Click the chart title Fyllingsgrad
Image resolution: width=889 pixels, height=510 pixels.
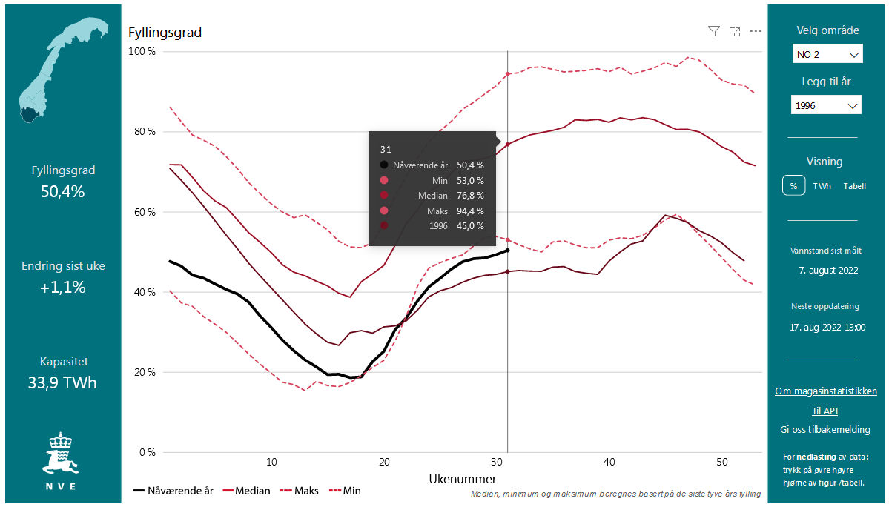point(165,33)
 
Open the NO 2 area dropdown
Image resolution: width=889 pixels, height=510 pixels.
point(826,54)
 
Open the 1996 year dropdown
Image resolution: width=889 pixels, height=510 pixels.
point(826,105)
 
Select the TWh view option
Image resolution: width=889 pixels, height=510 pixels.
point(822,186)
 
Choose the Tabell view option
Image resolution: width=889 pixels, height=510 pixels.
point(854,186)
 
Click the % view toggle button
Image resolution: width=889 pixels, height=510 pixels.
point(793,186)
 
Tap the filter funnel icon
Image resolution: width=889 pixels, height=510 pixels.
point(713,31)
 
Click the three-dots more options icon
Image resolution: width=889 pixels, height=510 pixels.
point(756,31)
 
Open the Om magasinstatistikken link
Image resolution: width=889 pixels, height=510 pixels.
point(825,391)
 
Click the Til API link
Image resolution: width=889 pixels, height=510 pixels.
point(824,411)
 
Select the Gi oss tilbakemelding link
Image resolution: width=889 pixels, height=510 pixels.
point(824,429)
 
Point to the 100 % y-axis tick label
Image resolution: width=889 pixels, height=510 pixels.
point(142,52)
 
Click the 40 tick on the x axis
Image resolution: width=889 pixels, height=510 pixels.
point(609,462)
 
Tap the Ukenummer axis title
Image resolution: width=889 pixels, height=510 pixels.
point(463,478)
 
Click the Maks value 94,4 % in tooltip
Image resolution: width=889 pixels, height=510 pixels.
point(470,211)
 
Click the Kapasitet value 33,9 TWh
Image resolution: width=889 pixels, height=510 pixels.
point(64,383)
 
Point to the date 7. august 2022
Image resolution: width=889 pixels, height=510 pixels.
point(827,270)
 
